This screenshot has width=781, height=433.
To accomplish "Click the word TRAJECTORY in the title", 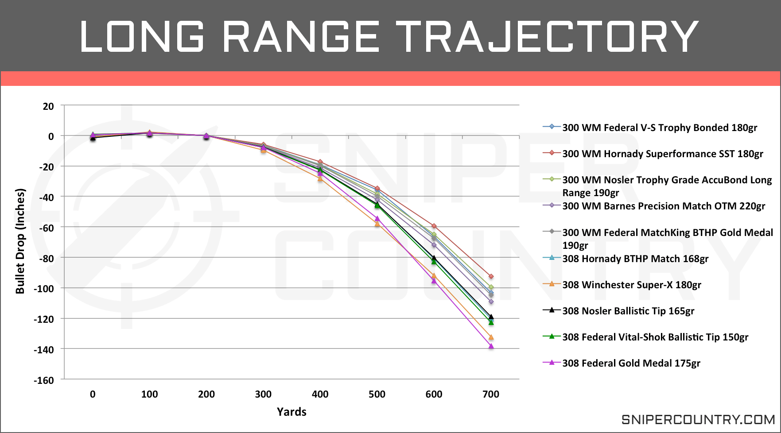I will (x=547, y=36).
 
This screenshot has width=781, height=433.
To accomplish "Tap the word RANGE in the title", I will (x=300, y=36).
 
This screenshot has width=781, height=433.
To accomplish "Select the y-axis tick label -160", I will (x=44, y=380).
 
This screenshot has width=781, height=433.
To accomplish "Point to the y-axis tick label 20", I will (x=48, y=106).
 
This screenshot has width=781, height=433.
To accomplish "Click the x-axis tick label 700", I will (x=490, y=394).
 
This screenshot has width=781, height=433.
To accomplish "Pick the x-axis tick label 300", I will (x=263, y=394).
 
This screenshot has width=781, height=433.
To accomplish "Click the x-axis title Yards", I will (x=291, y=412).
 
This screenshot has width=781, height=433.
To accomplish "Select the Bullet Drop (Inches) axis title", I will (x=20, y=241).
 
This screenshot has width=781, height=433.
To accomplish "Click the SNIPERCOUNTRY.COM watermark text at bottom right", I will (x=698, y=419).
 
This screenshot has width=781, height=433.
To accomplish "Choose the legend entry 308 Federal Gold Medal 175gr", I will (x=631, y=363).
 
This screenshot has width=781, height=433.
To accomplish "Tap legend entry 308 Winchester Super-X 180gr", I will (x=631, y=285).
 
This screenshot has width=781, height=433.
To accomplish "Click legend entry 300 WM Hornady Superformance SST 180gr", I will (x=662, y=154).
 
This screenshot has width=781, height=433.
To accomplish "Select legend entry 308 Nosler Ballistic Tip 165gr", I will (x=628, y=311).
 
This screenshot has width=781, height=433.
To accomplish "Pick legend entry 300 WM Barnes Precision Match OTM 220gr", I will (x=663, y=206).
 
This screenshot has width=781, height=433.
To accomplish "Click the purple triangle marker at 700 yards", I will (x=491, y=346).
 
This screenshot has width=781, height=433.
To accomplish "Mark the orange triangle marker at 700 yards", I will (x=491, y=337).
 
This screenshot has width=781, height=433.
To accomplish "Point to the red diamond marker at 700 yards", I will (x=491, y=277).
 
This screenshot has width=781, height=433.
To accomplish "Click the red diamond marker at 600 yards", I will (x=434, y=226).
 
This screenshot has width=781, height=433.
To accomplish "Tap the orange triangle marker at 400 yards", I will (x=320, y=178).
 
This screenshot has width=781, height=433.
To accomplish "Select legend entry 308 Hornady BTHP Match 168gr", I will (x=635, y=259).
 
